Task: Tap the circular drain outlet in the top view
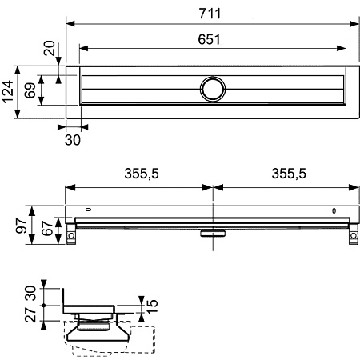click(214, 88)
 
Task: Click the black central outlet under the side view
click(214, 234)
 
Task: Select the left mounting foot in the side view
click(73, 236)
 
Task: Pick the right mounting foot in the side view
click(352, 236)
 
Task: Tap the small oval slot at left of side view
click(90, 211)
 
